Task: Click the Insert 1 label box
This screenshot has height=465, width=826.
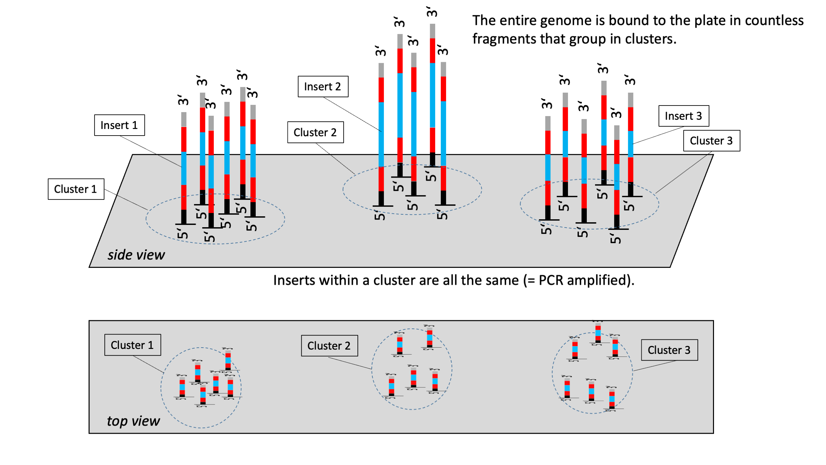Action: [119, 125]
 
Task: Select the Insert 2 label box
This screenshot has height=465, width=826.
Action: [323, 86]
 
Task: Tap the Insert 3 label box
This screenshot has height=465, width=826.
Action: [684, 116]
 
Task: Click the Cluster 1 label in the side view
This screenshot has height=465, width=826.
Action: [76, 189]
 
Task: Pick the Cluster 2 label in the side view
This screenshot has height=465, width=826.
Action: [315, 132]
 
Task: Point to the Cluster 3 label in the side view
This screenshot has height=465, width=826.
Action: [711, 141]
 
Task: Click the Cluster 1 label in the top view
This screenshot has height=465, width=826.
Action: [132, 345]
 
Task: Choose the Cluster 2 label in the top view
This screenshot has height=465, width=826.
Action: [329, 346]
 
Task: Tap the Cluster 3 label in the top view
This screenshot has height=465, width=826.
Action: [669, 350]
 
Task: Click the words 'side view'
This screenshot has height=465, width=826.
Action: [136, 255]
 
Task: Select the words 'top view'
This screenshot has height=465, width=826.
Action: [133, 421]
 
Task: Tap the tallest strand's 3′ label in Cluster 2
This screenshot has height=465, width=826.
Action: [432, 12]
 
